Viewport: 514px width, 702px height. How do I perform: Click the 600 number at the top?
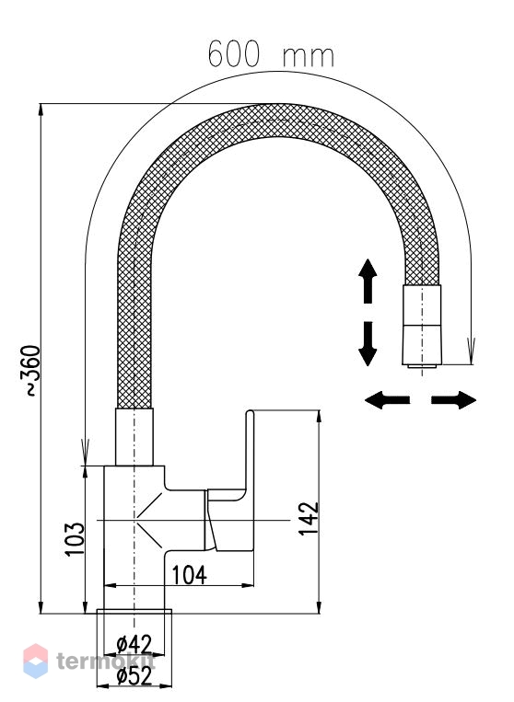click(233, 53)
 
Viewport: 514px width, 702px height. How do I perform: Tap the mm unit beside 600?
click(309, 57)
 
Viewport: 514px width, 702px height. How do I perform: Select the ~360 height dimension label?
click(31, 370)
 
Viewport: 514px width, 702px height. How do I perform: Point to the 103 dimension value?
click(75, 538)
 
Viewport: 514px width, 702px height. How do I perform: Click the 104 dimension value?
click(190, 575)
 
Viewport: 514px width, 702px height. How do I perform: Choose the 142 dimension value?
click(309, 518)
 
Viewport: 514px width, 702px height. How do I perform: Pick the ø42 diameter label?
click(134, 645)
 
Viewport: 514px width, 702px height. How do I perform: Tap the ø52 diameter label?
click(134, 676)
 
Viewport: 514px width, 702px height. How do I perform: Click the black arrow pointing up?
click(368, 282)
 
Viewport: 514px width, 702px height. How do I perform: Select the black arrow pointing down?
click(368, 344)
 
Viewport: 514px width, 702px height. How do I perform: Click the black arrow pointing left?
click(388, 400)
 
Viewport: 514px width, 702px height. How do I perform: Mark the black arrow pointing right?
click(453, 400)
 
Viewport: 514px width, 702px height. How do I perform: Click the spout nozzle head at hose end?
click(422, 325)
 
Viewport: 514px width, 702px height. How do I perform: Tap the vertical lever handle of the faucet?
click(251, 450)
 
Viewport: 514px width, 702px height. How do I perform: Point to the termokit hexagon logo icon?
click(35, 661)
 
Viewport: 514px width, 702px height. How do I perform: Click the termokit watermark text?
click(106, 661)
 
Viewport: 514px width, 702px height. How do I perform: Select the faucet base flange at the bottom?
click(134, 612)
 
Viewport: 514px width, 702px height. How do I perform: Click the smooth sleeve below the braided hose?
click(134, 437)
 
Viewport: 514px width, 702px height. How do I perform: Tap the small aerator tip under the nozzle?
click(422, 367)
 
